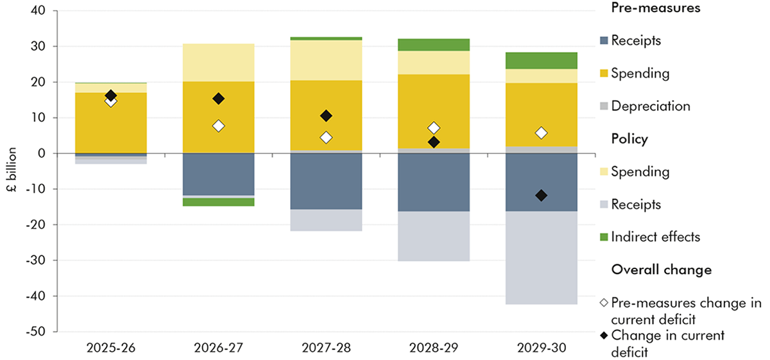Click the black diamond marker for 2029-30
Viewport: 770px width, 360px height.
coord(542,195)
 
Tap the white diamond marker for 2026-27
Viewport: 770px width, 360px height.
coord(218,126)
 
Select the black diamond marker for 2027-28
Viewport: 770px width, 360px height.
coord(326,116)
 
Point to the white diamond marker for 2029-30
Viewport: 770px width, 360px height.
coord(542,133)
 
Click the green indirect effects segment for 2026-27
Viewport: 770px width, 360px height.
coord(218,201)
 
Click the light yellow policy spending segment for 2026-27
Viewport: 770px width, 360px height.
coord(218,62)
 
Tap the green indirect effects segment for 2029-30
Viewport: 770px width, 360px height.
coord(542,60)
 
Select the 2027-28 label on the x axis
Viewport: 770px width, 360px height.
coord(326,350)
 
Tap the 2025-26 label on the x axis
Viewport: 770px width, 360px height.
coord(110,350)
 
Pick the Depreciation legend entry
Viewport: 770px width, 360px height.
coord(650,106)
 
